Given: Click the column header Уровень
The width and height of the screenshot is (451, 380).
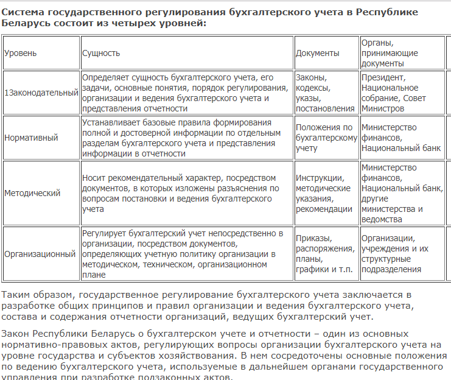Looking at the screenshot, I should click(x=21, y=53).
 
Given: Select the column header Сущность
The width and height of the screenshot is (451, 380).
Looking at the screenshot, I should click(x=101, y=53).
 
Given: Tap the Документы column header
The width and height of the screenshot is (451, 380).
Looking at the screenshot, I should click(x=318, y=53).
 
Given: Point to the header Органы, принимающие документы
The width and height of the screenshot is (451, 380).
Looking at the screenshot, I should click(x=390, y=53).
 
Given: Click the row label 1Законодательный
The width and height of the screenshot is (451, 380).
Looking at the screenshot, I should click(x=41, y=93).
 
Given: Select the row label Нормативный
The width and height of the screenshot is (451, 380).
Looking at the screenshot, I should click(x=31, y=138).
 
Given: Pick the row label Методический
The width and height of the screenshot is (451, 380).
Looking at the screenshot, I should click(x=32, y=193).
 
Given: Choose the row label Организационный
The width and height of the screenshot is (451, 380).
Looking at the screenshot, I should click(x=40, y=253).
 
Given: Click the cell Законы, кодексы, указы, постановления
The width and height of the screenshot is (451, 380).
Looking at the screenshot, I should click(x=325, y=93).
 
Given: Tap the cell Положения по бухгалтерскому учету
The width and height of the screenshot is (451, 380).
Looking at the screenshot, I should click(x=326, y=138).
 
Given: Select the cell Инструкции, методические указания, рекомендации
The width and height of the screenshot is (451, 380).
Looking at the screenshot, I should click(x=324, y=193).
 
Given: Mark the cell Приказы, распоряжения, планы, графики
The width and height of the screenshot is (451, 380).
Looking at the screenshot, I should click(x=325, y=253).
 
